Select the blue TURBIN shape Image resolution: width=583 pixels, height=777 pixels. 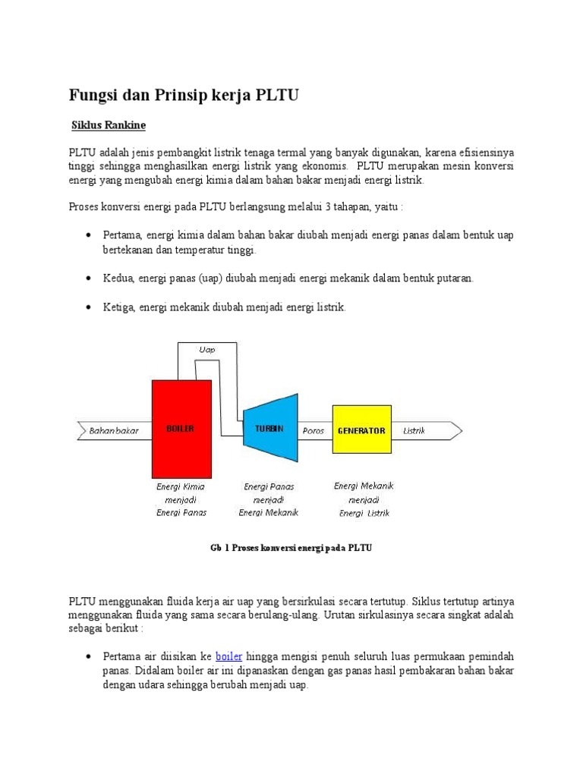(269, 429)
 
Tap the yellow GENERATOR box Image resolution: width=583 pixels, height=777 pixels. (361, 430)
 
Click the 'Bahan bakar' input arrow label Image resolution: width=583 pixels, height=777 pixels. (114, 431)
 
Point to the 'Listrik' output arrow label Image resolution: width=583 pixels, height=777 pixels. (414, 431)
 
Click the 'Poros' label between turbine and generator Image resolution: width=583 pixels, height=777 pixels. (313, 431)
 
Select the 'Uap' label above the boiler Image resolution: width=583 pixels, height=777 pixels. (206, 350)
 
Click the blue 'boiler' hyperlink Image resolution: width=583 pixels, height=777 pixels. (228, 656)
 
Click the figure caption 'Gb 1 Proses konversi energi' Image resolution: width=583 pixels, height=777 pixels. (291, 548)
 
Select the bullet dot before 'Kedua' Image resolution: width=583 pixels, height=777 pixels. (90, 278)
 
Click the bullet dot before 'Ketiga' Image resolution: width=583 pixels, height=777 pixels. (90, 307)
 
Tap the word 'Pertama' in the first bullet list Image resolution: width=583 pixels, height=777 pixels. (122, 235)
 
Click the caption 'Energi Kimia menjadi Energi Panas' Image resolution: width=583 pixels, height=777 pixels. (181, 499)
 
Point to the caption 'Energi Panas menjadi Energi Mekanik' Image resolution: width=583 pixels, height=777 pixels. (269, 499)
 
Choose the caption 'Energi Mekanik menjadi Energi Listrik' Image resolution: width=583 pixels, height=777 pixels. (364, 499)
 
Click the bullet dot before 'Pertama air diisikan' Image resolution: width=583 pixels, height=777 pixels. (90, 656)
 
